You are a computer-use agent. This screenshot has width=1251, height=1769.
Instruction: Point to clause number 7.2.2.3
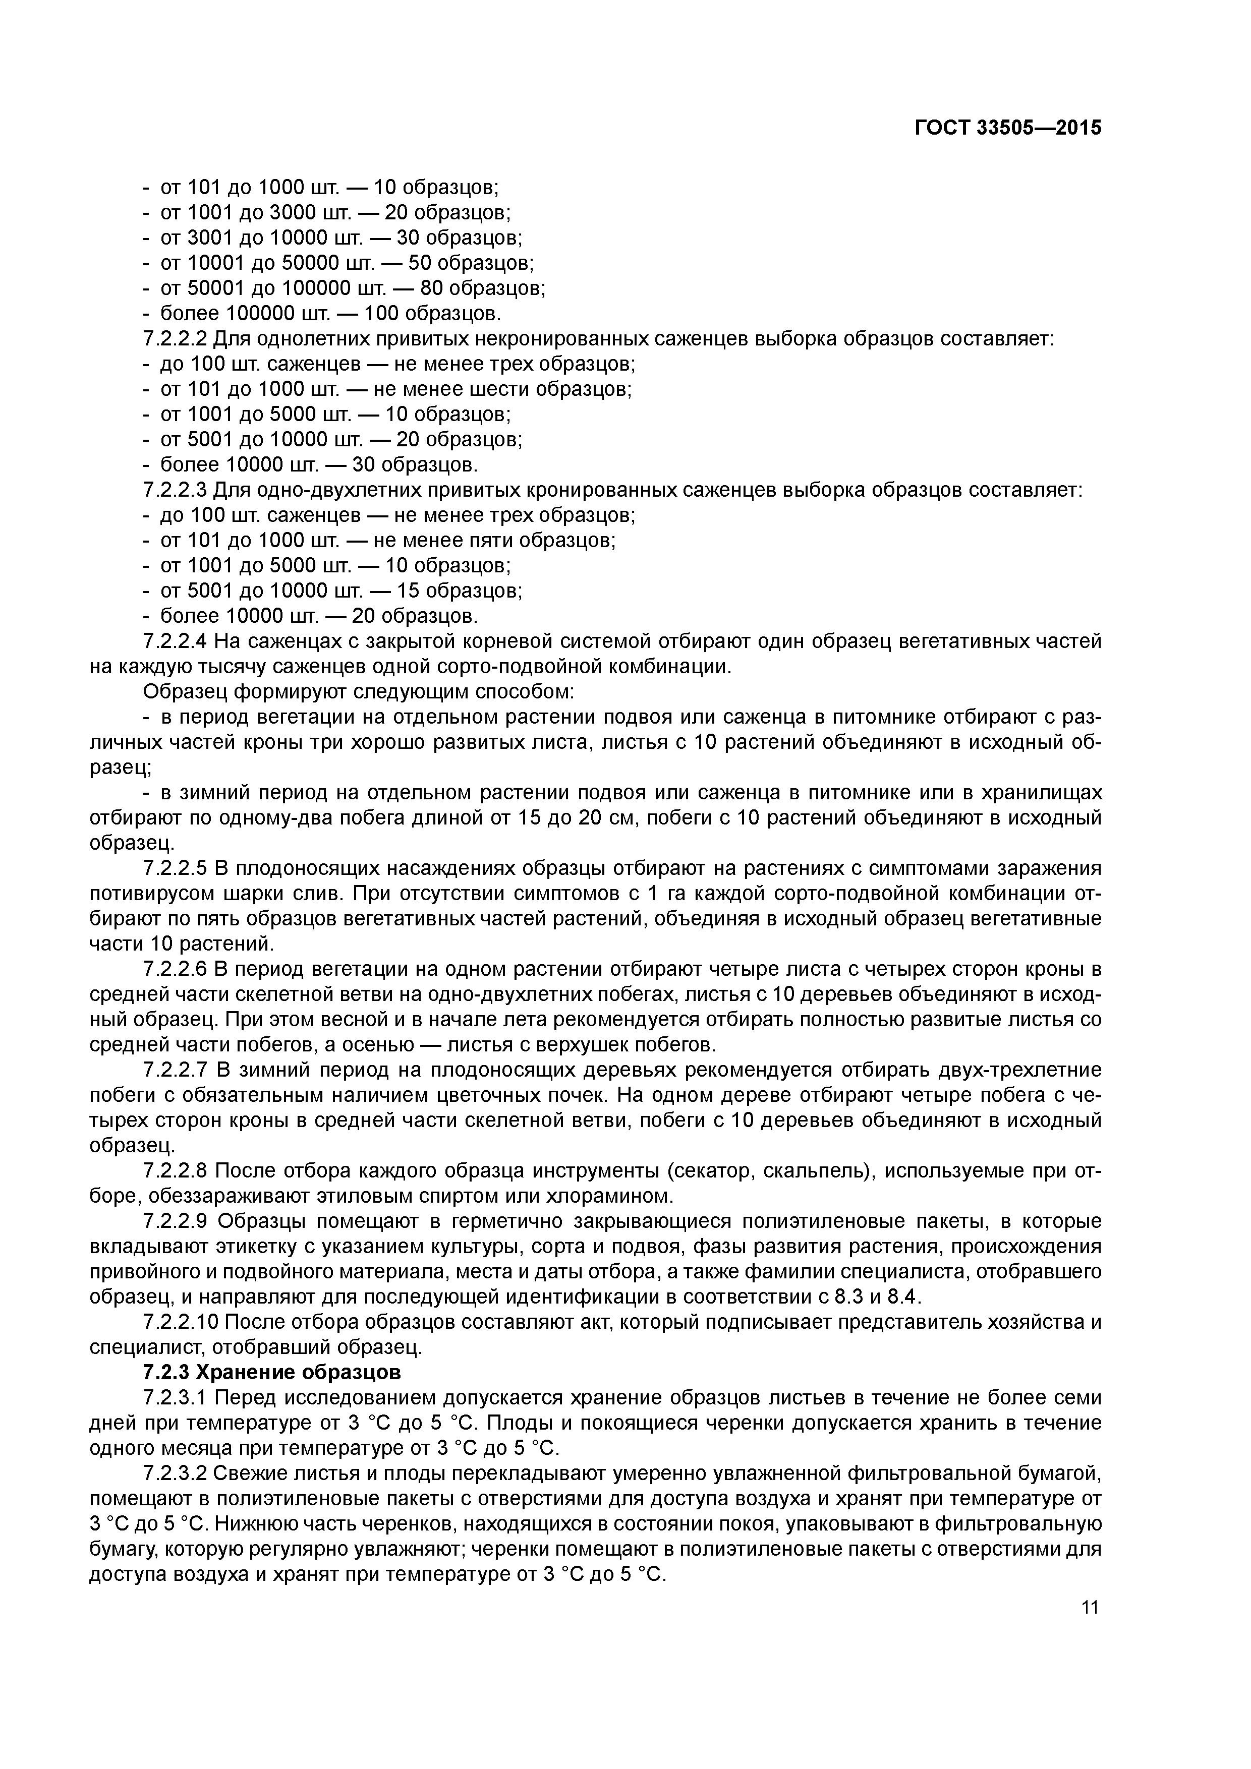click(176, 490)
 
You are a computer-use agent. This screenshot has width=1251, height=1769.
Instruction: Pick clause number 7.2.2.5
click(176, 868)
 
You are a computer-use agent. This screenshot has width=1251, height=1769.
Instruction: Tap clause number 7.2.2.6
click(176, 969)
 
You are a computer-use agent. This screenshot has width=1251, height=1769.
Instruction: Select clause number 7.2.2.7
click(176, 1070)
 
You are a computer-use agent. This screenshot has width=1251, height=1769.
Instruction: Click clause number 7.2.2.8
click(176, 1171)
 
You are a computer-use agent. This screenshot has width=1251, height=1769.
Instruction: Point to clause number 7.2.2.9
click(176, 1221)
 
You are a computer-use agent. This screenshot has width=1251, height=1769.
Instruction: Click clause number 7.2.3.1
click(176, 1398)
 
